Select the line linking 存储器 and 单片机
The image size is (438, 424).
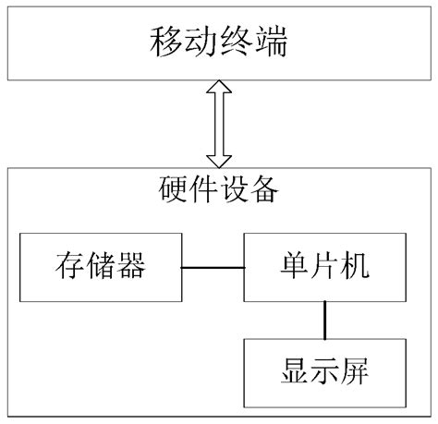[x=212, y=268]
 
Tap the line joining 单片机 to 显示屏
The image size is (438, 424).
[x=324, y=321]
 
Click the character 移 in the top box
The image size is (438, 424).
[x=164, y=42]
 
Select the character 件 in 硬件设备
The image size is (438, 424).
[x=201, y=192]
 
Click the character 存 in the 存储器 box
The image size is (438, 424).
[x=66, y=267]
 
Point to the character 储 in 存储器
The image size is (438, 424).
[x=100, y=267]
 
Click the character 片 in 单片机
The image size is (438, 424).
[x=324, y=267]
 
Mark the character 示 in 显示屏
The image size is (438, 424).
[x=324, y=375]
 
